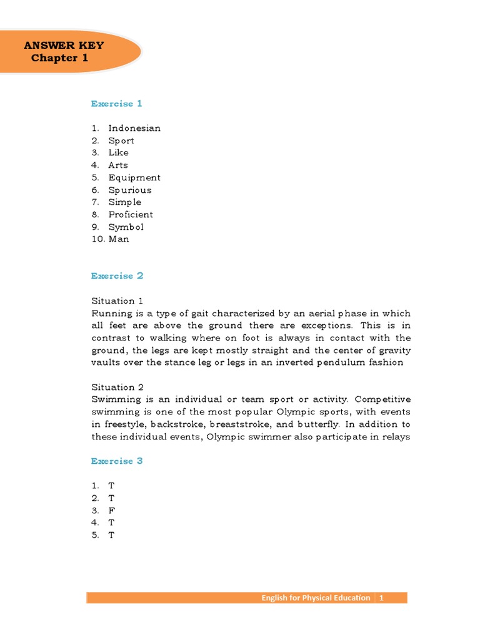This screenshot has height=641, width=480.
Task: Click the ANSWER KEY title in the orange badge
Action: tap(64, 45)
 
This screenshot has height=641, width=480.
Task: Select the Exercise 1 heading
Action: tap(117, 103)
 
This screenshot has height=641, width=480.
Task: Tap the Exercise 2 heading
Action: tap(117, 275)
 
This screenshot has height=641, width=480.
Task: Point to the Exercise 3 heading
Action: tap(117, 461)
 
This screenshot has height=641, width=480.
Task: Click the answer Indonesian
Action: tap(134, 128)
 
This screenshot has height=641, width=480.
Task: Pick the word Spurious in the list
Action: tap(130, 190)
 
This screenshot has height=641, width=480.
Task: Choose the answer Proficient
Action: tap(131, 214)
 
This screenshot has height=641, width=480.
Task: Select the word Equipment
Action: tap(134, 178)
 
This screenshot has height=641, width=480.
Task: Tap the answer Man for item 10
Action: tap(119, 239)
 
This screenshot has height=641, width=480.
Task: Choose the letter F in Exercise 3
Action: tap(111, 510)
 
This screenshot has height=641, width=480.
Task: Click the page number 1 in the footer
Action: tap(381, 598)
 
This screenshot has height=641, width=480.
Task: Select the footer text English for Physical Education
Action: tap(316, 598)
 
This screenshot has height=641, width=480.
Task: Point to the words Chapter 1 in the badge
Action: tap(60, 58)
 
